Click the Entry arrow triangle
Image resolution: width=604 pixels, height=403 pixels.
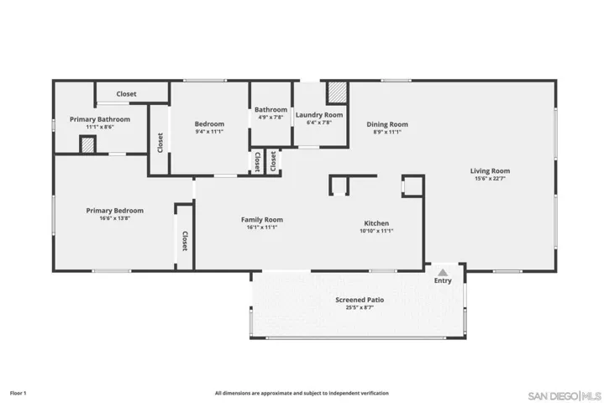pyautogui.click(x=443, y=273)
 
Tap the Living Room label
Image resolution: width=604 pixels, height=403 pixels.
pyautogui.click(x=490, y=171)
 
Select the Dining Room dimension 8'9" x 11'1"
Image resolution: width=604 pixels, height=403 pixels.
pyautogui.click(x=387, y=132)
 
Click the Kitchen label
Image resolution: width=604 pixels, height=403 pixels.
pyautogui.click(x=376, y=223)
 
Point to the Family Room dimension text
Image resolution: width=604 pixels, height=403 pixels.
pyautogui.click(x=262, y=227)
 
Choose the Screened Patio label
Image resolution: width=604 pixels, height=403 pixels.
pyautogui.click(x=360, y=300)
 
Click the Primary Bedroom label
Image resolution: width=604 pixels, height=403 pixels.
pyautogui.click(x=115, y=211)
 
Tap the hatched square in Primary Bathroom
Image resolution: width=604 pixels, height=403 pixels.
pyautogui.click(x=88, y=144)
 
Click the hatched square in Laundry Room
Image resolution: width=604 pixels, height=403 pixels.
pyautogui.click(x=337, y=92)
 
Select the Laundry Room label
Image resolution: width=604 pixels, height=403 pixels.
pyautogui.click(x=319, y=115)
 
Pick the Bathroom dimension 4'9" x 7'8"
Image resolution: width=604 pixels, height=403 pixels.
pyautogui.click(x=270, y=117)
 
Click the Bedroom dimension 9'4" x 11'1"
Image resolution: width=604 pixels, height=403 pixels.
pyautogui.click(x=209, y=131)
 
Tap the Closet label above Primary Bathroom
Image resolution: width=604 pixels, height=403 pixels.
pyautogui.click(x=126, y=94)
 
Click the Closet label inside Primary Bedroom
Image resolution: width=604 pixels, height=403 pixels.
pyautogui.click(x=185, y=241)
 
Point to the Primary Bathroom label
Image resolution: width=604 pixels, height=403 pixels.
pyautogui.click(x=100, y=119)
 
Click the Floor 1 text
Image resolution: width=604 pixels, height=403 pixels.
pyautogui.click(x=18, y=393)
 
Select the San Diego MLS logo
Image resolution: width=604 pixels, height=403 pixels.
pyautogui.click(x=565, y=396)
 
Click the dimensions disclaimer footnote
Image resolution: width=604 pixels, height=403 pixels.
pyautogui.click(x=302, y=393)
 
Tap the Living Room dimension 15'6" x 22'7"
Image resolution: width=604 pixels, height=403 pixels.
pyautogui.click(x=490, y=179)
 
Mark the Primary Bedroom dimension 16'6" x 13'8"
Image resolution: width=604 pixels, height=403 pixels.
pyautogui.click(x=115, y=218)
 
